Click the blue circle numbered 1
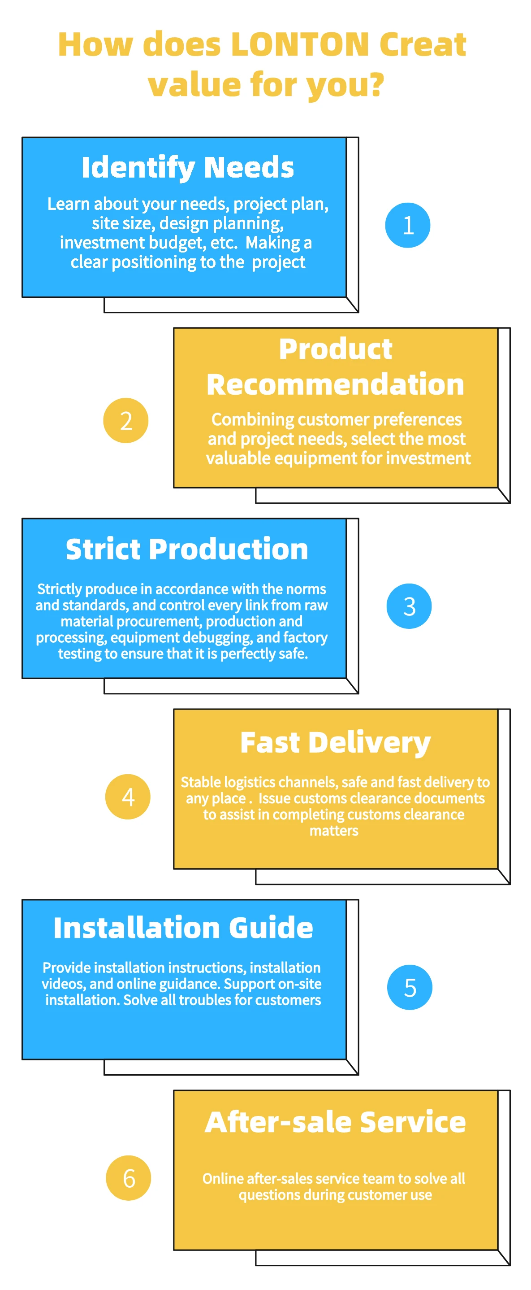pyautogui.click(x=407, y=225)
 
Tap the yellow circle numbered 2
pyautogui.click(x=125, y=420)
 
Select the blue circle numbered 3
pyautogui.click(x=409, y=606)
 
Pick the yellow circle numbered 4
pyautogui.click(x=128, y=796)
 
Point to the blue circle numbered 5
pyautogui.click(x=410, y=987)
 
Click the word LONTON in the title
pyautogui.click(x=299, y=44)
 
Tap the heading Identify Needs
pyautogui.click(x=188, y=167)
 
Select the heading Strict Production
pyautogui.click(x=187, y=549)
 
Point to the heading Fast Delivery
pyautogui.click(x=335, y=742)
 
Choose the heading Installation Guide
pyautogui.click(x=183, y=928)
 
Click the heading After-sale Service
pyautogui.click(x=335, y=1122)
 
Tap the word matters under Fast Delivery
pyautogui.click(x=334, y=831)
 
